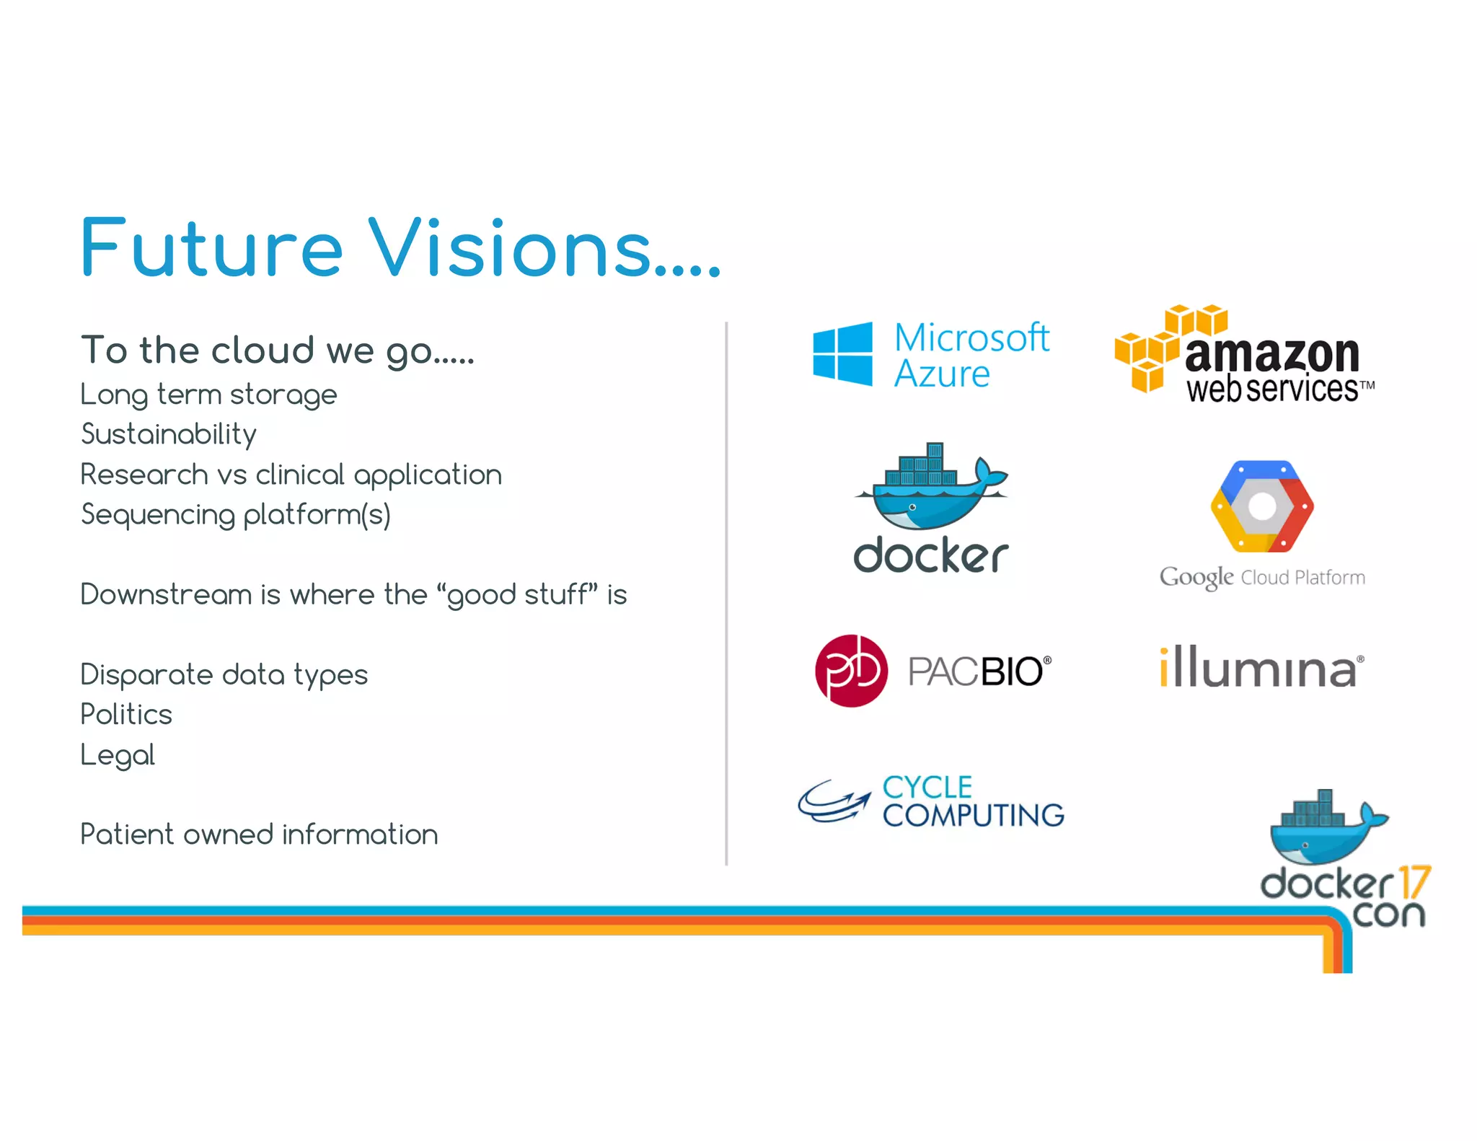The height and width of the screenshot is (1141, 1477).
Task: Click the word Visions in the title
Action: pyautogui.click(x=508, y=249)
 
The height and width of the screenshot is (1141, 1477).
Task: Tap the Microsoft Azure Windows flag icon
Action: pyautogui.click(x=842, y=354)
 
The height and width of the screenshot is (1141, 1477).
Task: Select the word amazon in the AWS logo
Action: pyautogui.click(x=1272, y=354)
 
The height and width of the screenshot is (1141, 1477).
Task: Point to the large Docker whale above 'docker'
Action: pyautogui.click(x=930, y=490)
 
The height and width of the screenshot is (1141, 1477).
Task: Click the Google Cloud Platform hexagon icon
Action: pyautogui.click(x=1262, y=506)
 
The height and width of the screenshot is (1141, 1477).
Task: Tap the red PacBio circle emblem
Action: pyautogui.click(x=851, y=671)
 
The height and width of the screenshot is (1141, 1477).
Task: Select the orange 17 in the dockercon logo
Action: pyautogui.click(x=1414, y=883)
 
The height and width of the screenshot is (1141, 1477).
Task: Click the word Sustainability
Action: pyautogui.click(x=169, y=435)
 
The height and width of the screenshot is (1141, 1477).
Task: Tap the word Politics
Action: pyautogui.click(x=126, y=715)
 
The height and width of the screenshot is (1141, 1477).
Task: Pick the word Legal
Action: pyautogui.click(x=118, y=755)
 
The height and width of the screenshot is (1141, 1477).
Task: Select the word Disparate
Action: pyautogui.click(x=147, y=675)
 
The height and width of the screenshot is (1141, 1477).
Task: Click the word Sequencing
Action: pyautogui.click(x=158, y=515)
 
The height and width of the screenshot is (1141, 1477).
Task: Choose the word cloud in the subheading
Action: pyautogui.click(x=263, y=351)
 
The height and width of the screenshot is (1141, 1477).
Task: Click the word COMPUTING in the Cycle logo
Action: pyautogui.click(x=974, y=816)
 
